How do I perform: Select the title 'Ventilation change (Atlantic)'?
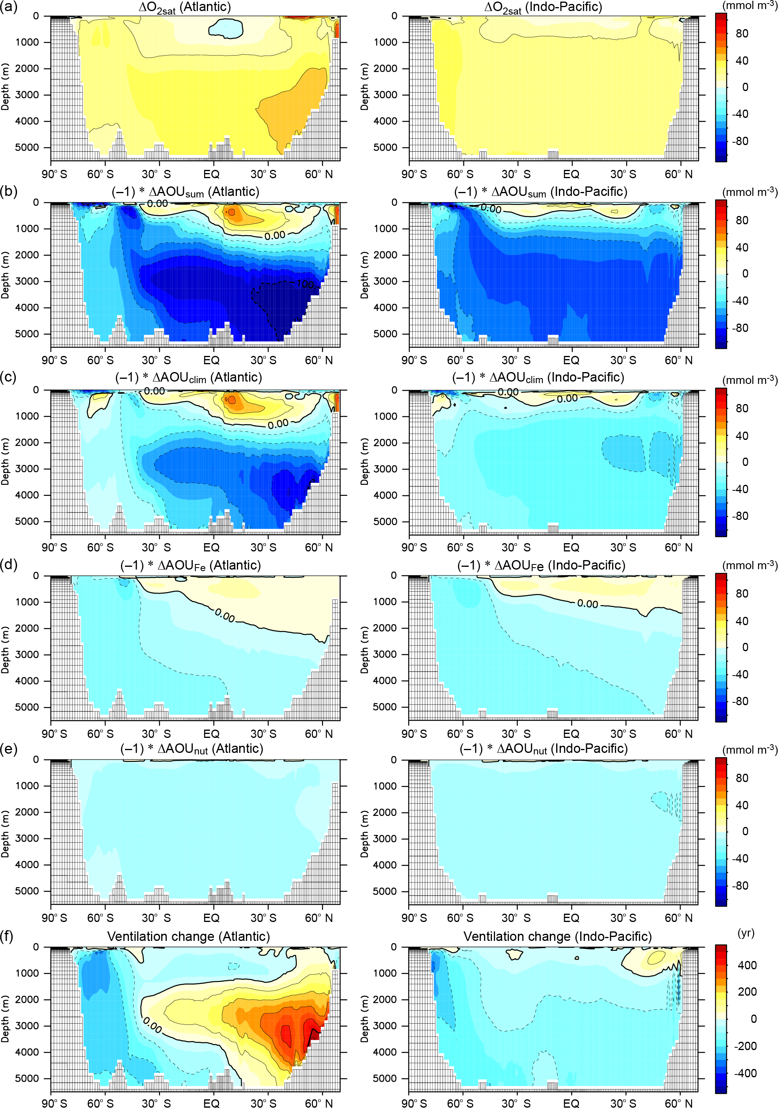(x=188, y=937)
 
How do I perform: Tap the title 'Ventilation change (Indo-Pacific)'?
(x=557, y=937)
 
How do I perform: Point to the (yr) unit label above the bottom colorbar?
(x=746, y=932)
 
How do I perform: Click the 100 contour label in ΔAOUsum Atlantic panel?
(x=305, y=284)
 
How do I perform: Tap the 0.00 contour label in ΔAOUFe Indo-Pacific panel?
(x=587, y=604)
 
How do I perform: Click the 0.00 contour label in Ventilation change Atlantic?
(x=153, y=1025)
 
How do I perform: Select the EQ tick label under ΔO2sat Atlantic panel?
(x=211, y=174)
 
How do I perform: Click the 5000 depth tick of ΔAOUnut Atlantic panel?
(x=27, y=891)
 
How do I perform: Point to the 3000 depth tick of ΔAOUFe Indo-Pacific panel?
(x=385, y=654)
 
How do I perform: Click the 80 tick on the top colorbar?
(x=742, y=33)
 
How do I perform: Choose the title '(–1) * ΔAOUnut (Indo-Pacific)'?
(x=543, y=749)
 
